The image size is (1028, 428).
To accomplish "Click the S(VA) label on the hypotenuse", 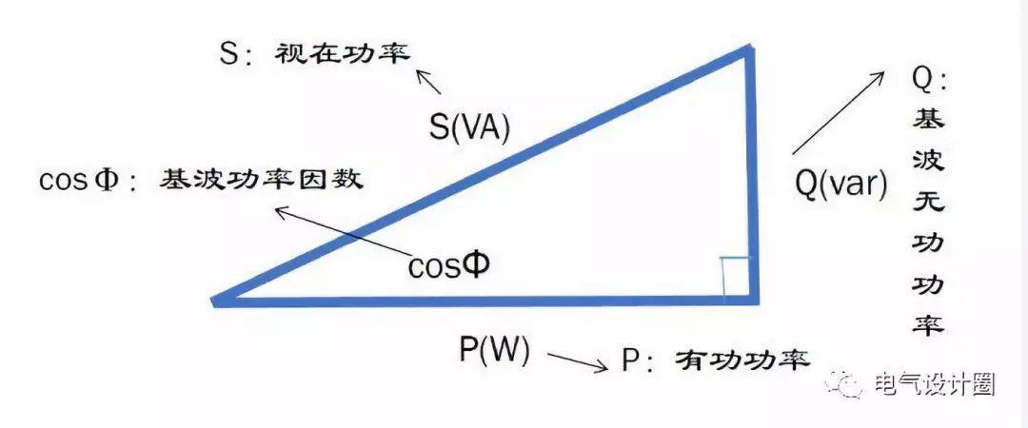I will point(469,128).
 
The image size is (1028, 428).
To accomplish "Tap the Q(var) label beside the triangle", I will point(840,182).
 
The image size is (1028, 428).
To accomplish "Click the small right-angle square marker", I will point(735,276).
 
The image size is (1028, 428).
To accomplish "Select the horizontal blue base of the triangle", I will point(485,302).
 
